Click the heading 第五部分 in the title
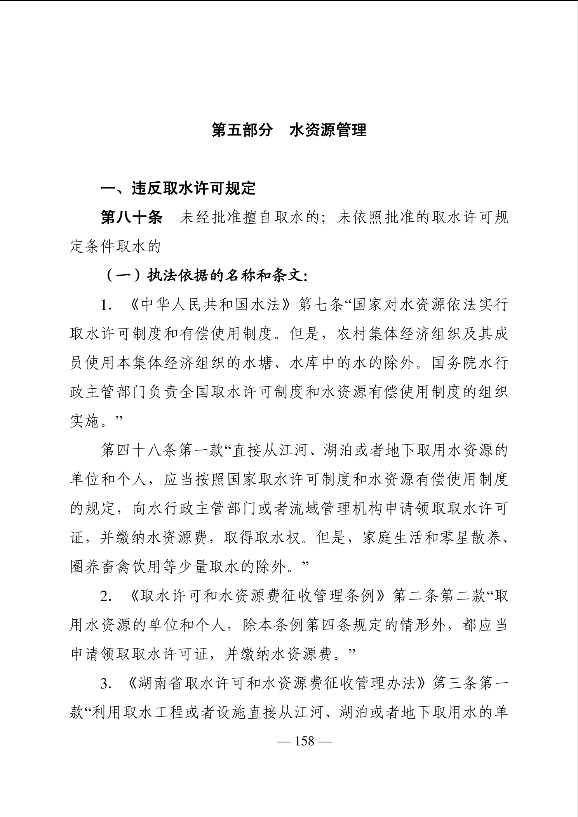(x=242, y=130)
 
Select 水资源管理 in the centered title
(x=328, y=130)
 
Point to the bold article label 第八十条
(x=131, y=218)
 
